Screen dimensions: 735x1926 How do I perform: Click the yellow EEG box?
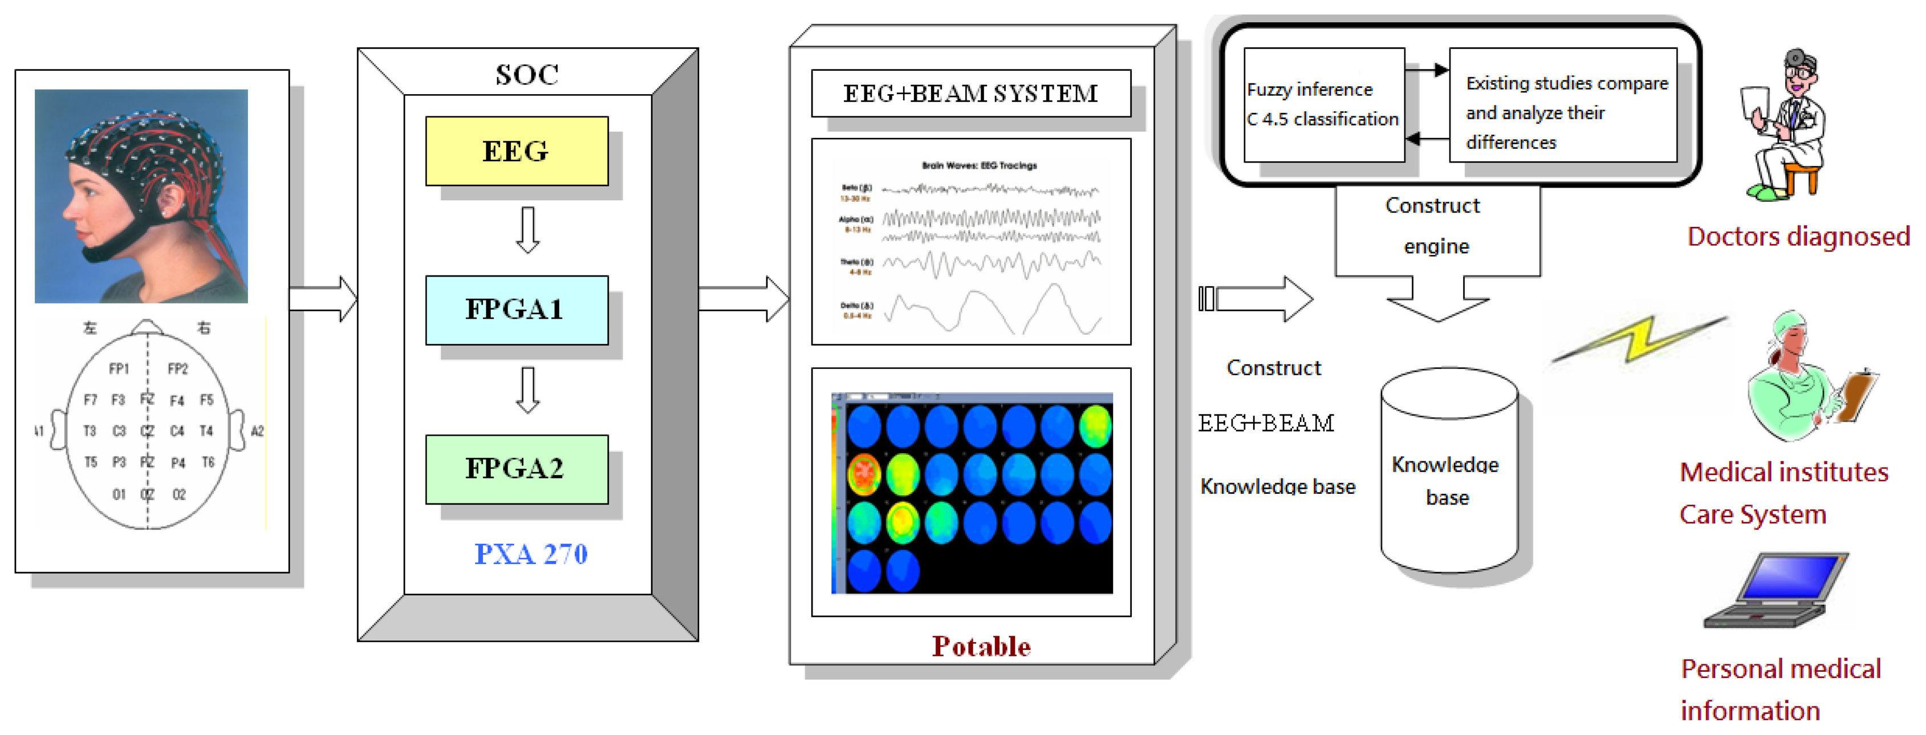coord(516,151)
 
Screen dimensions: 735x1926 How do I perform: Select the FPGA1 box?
coord(516,310)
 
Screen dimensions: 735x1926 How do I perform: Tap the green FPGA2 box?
coord(516,469)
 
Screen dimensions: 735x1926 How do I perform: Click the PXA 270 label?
coord(531,554)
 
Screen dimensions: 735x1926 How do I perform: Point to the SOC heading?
coord(527,74)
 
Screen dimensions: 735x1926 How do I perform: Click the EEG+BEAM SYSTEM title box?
coord(970,94)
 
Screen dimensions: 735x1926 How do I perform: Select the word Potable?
coord(981,646)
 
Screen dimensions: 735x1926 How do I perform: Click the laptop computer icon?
coord(1775,591)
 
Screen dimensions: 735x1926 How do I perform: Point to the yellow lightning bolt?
coord(1641,340)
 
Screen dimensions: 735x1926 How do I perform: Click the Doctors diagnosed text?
coord(1798,236)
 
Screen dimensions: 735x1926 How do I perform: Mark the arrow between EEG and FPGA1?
coord(528,230)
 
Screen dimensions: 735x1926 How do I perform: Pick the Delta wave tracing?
coord(991,310)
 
